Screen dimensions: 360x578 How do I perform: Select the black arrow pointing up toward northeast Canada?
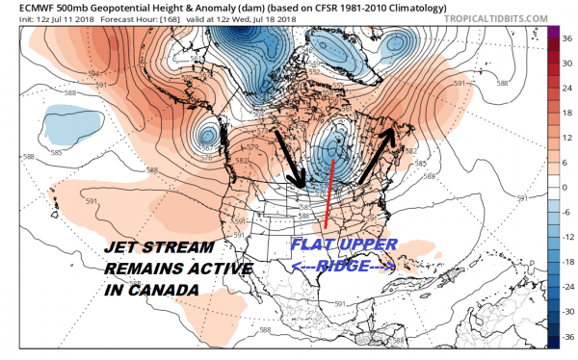pyautogui.click(x=378, y=154)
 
